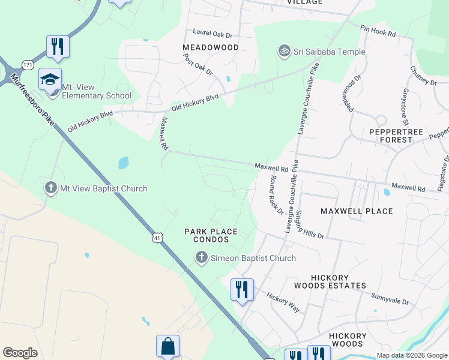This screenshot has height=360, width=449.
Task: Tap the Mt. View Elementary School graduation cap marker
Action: click(50, 80)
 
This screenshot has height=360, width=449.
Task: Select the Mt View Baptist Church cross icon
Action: click(51, 188)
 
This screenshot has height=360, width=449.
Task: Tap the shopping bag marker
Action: click(167, 346)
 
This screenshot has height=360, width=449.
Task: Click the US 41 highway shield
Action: click(157, 238)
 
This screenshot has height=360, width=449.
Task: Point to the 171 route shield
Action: click(26, 64)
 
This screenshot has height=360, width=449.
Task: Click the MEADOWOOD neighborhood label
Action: click(211, 47)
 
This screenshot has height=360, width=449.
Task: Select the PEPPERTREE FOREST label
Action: click(391, 135)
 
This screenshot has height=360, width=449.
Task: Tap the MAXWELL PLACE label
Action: click(357, 211)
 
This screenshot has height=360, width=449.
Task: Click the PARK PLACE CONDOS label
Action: click(211, 235)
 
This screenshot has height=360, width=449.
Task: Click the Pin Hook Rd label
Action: click(378, 31)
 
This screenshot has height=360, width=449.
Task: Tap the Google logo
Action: click(20, 353)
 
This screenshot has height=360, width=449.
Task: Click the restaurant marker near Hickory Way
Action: click(242, 290)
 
